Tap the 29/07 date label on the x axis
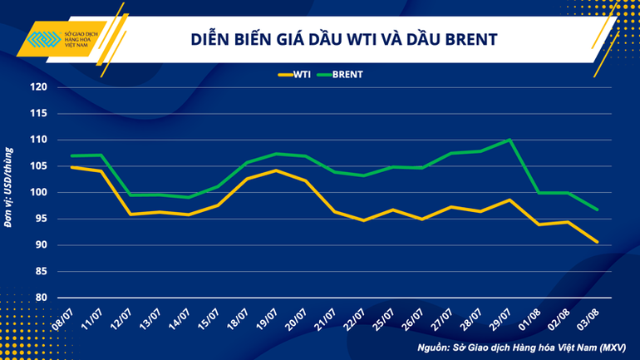coord(498,317)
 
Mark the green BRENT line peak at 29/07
coord(509,140)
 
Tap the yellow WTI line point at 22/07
coord(363,220)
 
